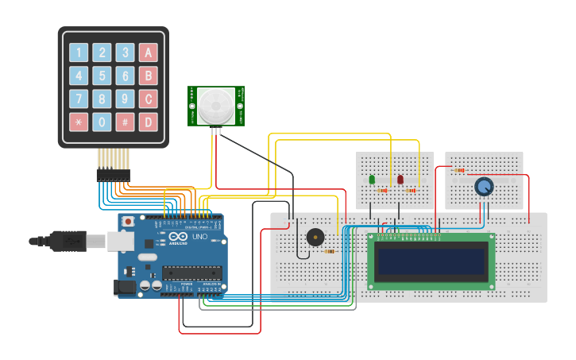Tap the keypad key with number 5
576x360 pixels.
(102, 76)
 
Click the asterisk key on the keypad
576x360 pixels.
(79, 122)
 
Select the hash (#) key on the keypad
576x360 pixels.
(125, 122)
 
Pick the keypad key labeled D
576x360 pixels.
(148, 122)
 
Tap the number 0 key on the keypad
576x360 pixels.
(102, 122)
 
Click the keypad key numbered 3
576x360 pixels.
(125, 53)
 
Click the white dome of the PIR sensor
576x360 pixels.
(216, 106)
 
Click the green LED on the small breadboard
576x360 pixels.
(372, 180)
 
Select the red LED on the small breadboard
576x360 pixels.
(400, 180)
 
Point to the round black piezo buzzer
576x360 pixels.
(315, 237)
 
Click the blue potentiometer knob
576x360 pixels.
(483, 187)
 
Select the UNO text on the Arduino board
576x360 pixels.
(199, 237)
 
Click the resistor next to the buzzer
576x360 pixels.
(329, 251)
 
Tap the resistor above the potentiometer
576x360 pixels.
(459, 170)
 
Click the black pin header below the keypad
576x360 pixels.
(113, 173)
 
